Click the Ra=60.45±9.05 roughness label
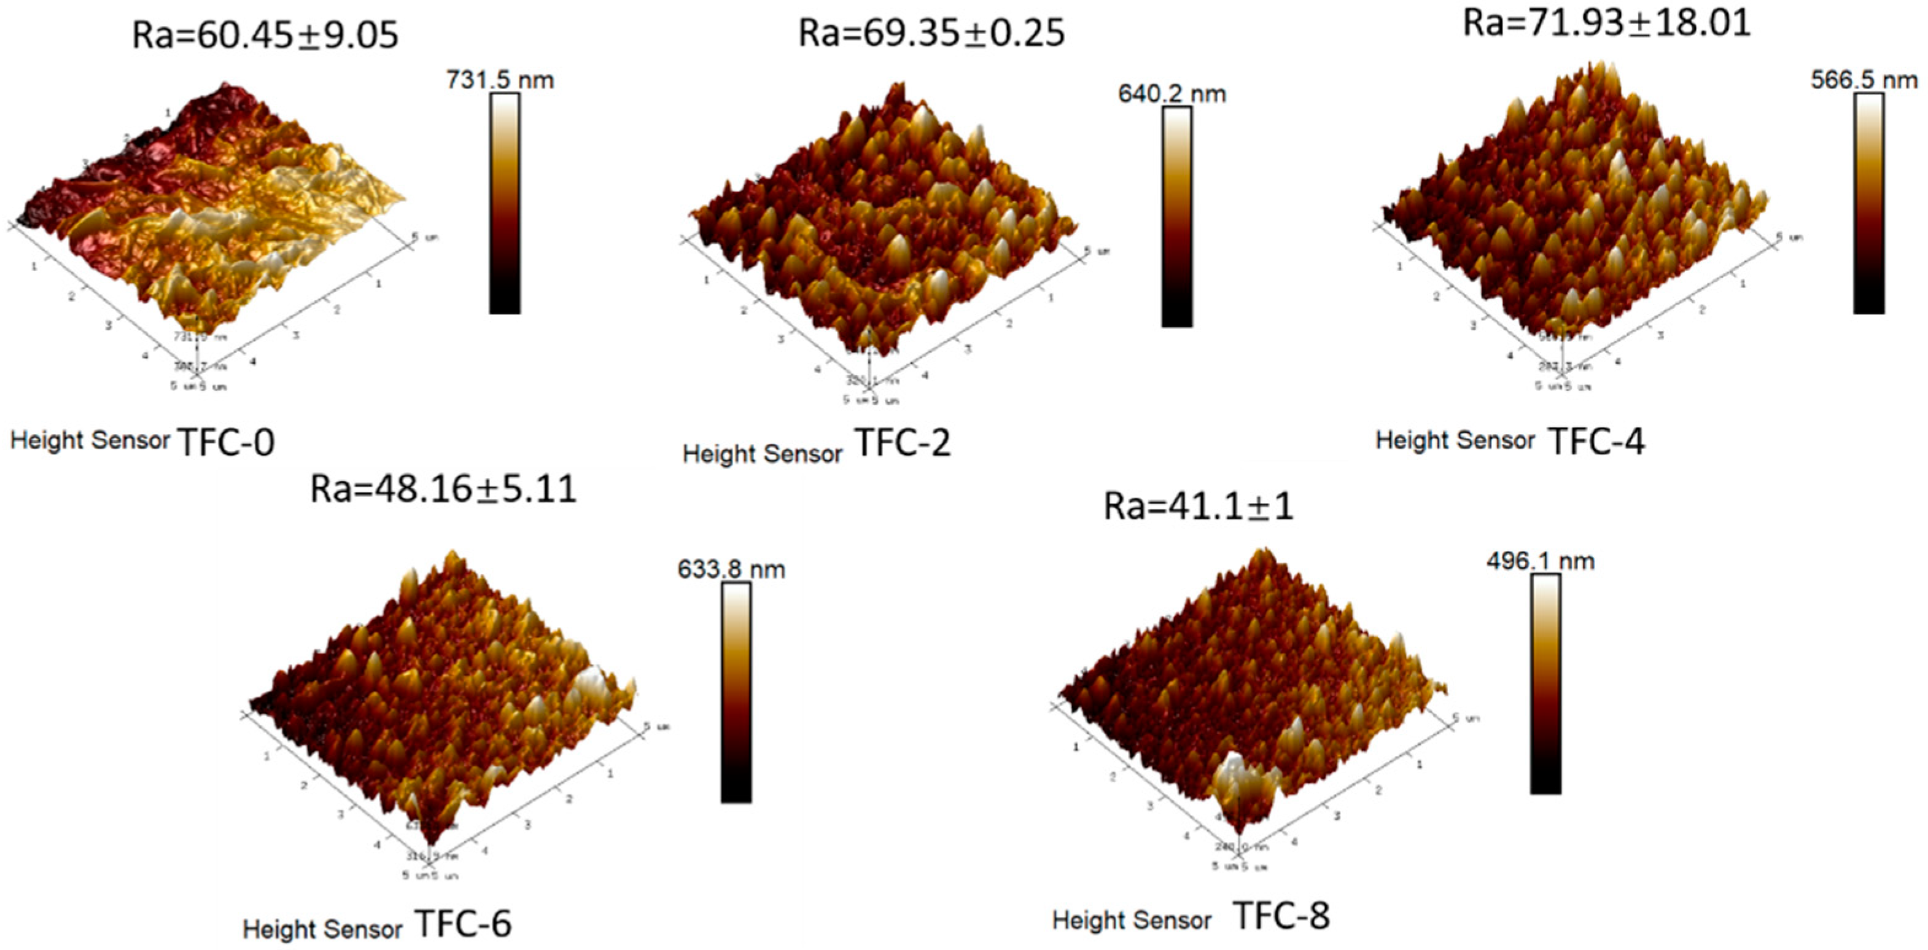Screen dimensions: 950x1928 pyautogui.click(x=265, y=35)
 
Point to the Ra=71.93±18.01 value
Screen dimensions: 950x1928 pyautogui.click(x=1607, y=23)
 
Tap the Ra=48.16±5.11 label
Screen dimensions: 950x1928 pyautogui.click(x=443, y=489)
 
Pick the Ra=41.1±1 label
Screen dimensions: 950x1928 pyautogui.click(x=1199, y=507)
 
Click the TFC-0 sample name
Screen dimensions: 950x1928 pyautogui.click(x=226, y=442)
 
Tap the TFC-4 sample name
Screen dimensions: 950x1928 pyautogui.click(x=1596, y=441)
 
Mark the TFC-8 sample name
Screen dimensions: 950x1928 pyautogui.click(x=1281, y=916)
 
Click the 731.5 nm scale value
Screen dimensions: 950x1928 pyautogui.click(x=500, y=79)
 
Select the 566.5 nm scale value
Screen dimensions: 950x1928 pyautogui.click(x=1864, y=79)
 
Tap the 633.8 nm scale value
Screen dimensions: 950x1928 pyautogui.click(x=731, y=569)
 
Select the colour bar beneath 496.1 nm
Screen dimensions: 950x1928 pyautogui.click(x=1545, y=683)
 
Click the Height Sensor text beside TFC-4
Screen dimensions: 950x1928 pyautogui.click(x=1455, y=440)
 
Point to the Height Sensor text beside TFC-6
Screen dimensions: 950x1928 pyautogui.click(x=322, y=929)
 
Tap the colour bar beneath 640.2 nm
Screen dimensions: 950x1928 pyautogui.click(x=1176, y=217)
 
